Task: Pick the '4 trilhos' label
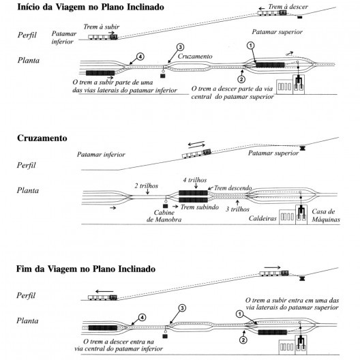tap(196, 180)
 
